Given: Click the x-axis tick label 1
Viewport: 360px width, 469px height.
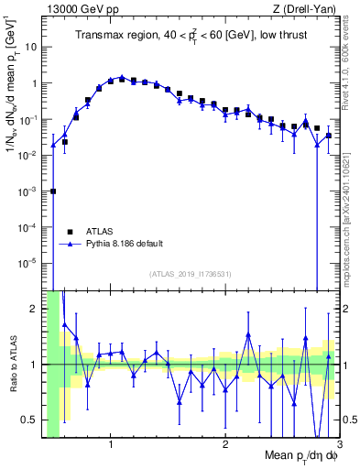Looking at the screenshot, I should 111,446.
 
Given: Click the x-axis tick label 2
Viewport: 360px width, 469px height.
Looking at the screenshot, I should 225,446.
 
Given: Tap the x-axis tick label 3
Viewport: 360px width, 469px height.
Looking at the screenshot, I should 338,446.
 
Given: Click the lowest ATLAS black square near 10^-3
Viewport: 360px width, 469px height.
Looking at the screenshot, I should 53,191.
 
